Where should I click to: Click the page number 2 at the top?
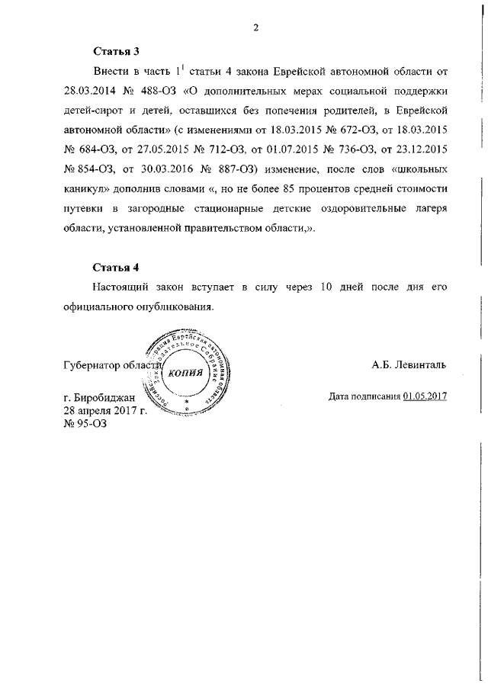257,28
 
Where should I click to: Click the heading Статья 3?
117,53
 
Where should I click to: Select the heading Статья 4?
117,268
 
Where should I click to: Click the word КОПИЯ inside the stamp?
185,373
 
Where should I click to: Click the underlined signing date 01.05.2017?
425,396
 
